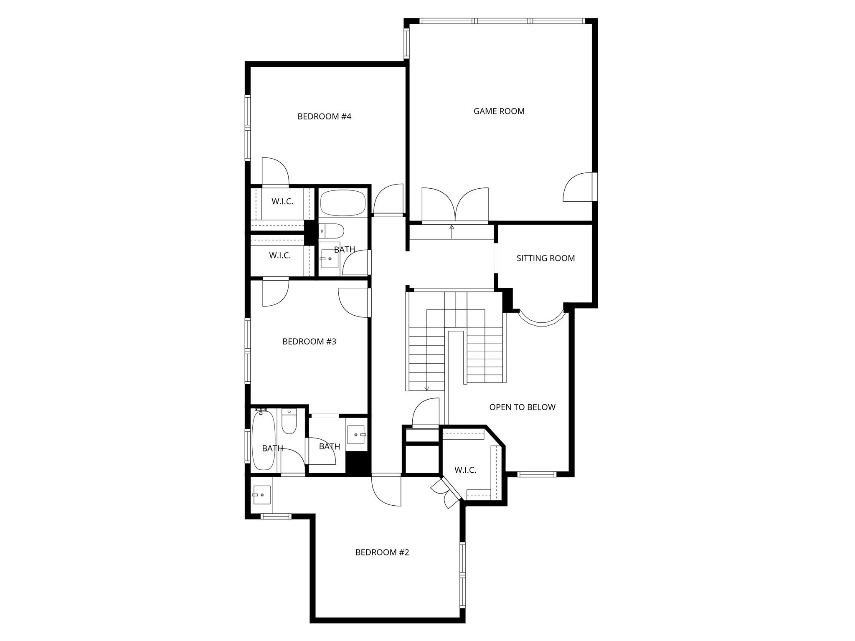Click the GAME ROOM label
[x=499, y=111]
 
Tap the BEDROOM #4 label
[x=324, y=117]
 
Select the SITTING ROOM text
[x=545, y=258]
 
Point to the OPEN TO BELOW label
[x=522, y=407]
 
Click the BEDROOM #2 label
[x=382, y=552]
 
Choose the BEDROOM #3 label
[x=309, y=342]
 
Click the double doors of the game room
[x=455, y=205]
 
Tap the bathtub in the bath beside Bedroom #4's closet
[x=343, y=203]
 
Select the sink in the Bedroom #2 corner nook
[x=261, y=495]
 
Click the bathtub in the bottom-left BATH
[x=264, y=440]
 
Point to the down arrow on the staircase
[x=426, y=388]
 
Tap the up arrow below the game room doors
[x=452, y=227]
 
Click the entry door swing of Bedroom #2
[x=386, y=491]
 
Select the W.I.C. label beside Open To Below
[x=465, y=470]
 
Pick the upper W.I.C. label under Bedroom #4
[x=282, y=202]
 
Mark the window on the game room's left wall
[x=406, y=43]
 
